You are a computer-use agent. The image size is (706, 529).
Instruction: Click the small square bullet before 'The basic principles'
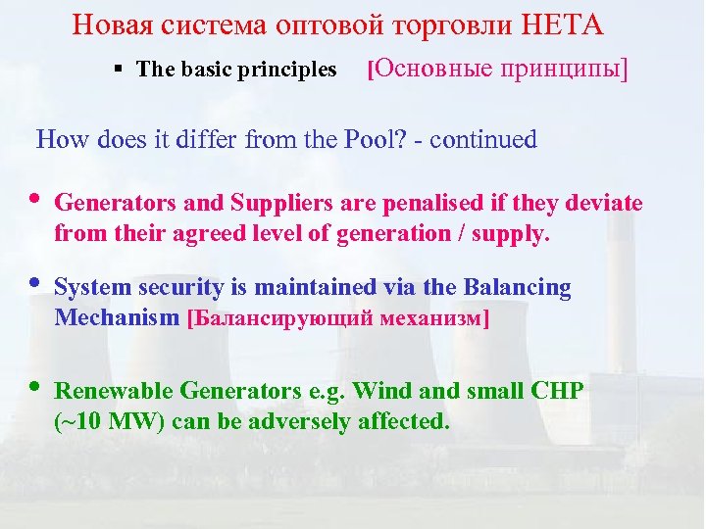coord(117,70)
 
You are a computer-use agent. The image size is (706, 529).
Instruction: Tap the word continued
coord(483,140)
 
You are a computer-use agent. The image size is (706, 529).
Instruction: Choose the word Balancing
coord(521,287)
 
